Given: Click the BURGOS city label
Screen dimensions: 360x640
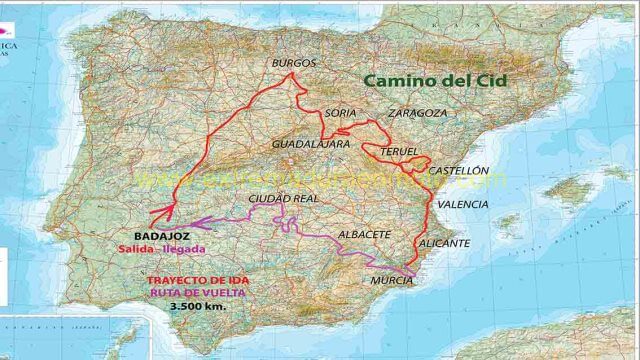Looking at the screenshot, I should tap(294, 63).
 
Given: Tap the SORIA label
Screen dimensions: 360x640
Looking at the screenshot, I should tap(340, 113).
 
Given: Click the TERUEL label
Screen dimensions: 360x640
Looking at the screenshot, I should tap(399, 152).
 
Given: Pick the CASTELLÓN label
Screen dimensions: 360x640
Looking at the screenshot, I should tap(459, 171).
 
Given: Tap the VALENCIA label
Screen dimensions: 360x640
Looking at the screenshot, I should tap(463, 204).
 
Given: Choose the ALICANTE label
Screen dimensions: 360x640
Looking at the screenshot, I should tap(444, 243).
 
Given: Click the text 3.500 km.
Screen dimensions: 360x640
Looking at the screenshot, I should tap(198, 306).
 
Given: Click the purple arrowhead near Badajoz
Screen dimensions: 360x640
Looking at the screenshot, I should tap(196, 223).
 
